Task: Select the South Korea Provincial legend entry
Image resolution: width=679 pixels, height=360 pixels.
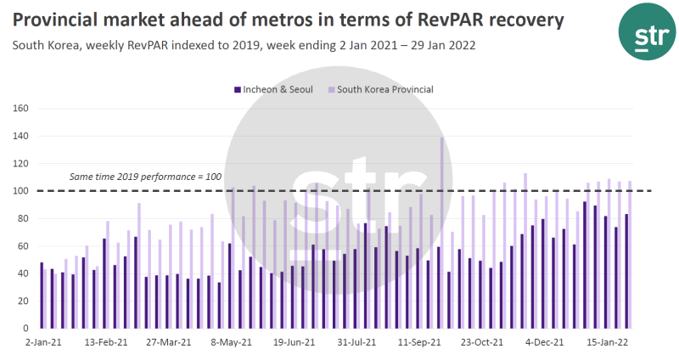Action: point(385,89)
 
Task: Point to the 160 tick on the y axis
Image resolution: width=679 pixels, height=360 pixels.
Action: point(21,109)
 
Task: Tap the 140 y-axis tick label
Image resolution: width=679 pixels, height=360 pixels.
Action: point(21,136)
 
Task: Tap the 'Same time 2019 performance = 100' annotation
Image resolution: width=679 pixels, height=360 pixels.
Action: point(145,177)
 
